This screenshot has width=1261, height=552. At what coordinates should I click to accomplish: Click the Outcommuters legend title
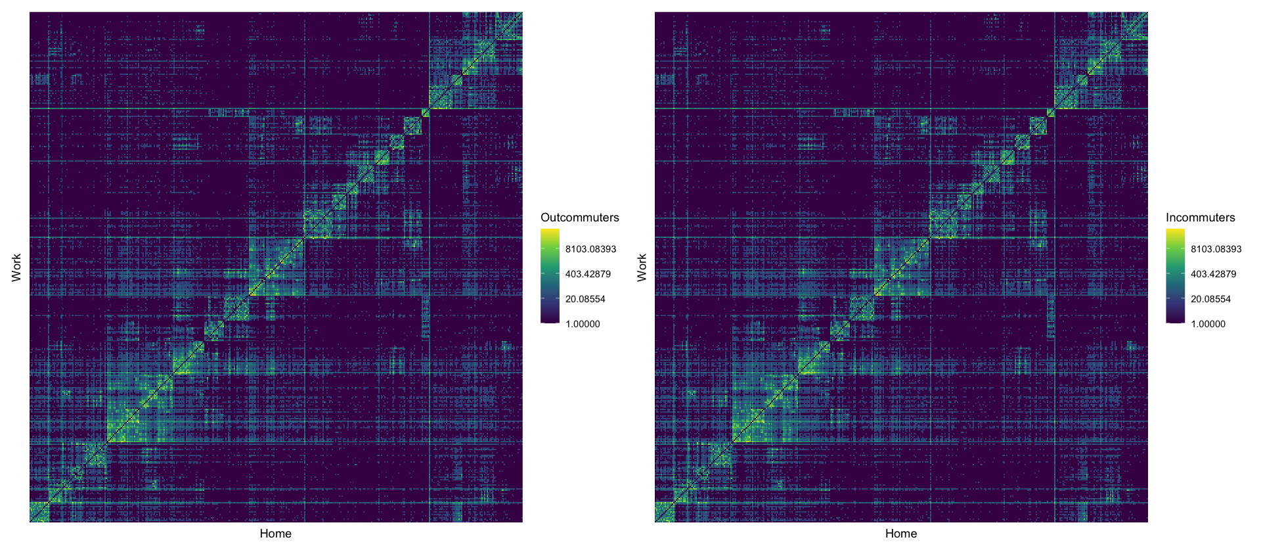[579, 218]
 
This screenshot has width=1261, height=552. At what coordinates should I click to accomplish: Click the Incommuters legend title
[1200, 218]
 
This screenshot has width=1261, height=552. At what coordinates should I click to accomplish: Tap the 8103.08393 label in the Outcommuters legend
[590, 249]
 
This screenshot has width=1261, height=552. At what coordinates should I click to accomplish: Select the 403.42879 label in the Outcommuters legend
[588, 274]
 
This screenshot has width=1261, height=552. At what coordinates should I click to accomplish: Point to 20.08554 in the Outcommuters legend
[585, 299]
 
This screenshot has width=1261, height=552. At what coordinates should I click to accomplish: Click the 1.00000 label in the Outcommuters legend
[583, 324]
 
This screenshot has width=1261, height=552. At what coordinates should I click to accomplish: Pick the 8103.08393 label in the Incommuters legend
[1216, 249]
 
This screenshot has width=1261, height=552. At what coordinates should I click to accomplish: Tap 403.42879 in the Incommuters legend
[1213, 274]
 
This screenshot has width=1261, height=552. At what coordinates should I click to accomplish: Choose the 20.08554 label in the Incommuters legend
[1210, 299]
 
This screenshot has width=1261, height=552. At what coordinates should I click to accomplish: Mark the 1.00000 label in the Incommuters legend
[1208, 324]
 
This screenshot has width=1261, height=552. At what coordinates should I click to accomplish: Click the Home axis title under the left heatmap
[275, 534]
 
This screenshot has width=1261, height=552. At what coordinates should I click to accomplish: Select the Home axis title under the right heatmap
[900, 534]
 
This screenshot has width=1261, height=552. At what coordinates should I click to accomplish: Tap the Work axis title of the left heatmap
[16, 267]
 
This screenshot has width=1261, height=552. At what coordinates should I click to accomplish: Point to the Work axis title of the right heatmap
[642, 267]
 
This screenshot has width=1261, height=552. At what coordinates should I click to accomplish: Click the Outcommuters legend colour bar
[550, 276]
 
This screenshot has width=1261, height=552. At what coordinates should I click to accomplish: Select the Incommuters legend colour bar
[1175, 276]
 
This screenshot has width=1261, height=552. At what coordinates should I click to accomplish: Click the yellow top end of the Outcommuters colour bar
[550, 232]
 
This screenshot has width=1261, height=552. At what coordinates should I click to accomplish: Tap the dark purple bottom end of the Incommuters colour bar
[1175, 320]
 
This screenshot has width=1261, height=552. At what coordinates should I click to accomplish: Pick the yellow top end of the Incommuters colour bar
[1175, 232]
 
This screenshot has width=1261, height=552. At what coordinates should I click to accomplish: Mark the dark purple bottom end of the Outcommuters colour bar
[550, 320]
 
